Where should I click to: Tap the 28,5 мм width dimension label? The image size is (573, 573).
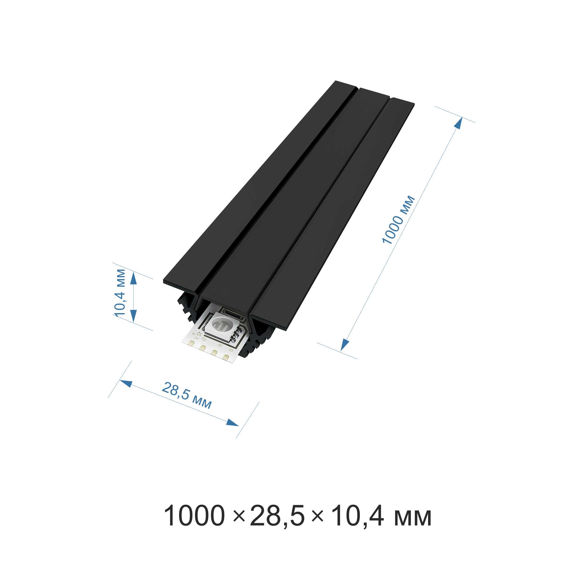click(187, 396)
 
